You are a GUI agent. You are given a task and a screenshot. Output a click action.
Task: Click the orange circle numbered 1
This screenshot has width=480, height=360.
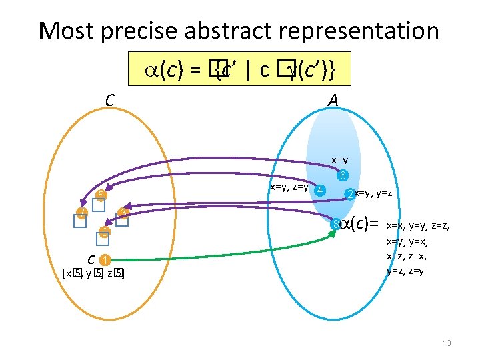click(105, 260)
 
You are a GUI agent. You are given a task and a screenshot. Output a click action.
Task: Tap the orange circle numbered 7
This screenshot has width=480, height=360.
click(81, 213)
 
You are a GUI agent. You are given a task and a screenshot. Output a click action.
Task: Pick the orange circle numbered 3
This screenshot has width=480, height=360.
click(123, 213)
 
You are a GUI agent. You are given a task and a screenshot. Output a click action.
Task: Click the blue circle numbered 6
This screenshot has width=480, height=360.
click(342, 177)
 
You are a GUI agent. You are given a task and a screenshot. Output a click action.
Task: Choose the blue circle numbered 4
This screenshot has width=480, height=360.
click(321, 190)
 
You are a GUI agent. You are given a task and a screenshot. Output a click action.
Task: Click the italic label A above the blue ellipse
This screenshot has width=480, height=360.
click(333, 100)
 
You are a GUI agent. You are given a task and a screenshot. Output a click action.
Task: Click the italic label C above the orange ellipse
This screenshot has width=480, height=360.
click(110, 100)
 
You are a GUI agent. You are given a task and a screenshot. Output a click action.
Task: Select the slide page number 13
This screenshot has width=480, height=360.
click(447, 343)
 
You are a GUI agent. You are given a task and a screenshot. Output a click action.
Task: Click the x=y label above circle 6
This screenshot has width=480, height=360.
click(340, 161)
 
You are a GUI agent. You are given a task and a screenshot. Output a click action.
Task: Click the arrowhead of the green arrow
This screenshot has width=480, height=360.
click(333, 233)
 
